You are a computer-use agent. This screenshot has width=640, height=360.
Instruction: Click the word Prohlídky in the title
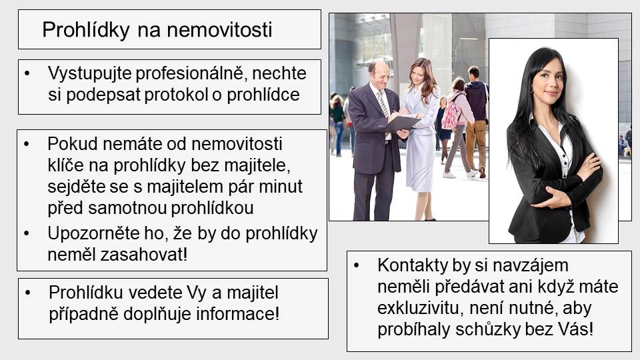click(x=86, y=30)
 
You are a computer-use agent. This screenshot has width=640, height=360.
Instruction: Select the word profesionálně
click(x=191, y=74)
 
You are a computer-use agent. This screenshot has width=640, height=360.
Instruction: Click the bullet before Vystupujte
click(x=27, y=74)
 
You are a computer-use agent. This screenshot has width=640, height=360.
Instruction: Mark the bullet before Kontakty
click(x=357, y=266)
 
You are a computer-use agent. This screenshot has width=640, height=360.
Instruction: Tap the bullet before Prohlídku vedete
click(x=28, y=293)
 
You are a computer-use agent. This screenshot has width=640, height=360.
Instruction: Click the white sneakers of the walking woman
click(x=461, y=174)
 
